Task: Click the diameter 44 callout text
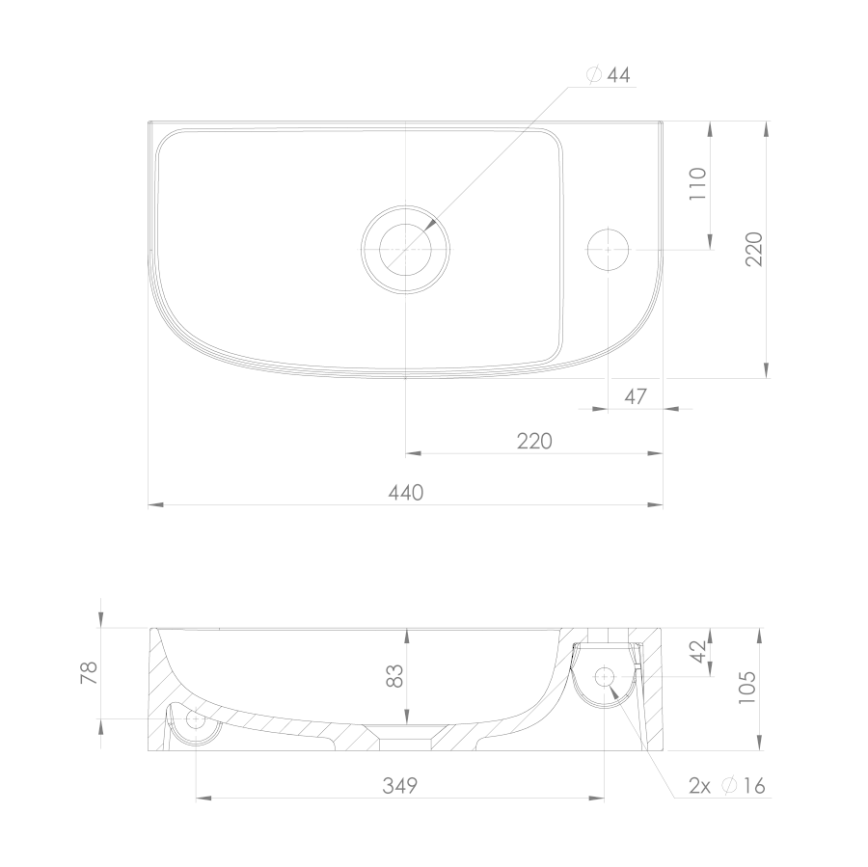click(609, 75)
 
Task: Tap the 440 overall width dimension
click(406, 492)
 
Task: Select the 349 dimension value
click(399, 785)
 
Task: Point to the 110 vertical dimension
click(698, 184)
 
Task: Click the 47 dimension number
click(636, 396)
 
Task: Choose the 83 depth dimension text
click(394, 675)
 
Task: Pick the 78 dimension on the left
click(89, 673)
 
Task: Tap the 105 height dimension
click(746, 687)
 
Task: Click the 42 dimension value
click(699, 651)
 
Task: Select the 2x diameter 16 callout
click(727, 785)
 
